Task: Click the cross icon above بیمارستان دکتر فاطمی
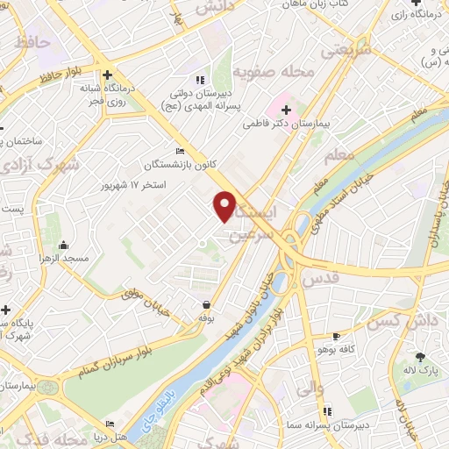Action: point(287,110)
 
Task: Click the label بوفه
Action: point(206,317)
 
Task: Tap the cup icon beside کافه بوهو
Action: point(336,336)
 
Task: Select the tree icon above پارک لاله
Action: point(420,356)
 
